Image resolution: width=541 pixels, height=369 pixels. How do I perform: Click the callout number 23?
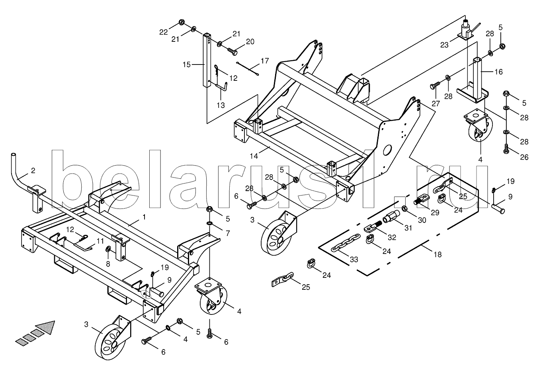coord(444,45)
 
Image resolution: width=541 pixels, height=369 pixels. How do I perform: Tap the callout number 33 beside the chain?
coord(354,260)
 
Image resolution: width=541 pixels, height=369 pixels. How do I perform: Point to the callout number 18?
coord(437,254)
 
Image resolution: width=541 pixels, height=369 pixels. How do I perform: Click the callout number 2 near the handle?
coord(33,170)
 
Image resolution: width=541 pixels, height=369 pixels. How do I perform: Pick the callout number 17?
coord(265,61)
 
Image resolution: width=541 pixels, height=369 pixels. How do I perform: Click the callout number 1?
coord(144,217)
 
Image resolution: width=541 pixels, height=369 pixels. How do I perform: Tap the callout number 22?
coord(163,32)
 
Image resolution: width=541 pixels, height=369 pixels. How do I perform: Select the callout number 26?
coord(524,157)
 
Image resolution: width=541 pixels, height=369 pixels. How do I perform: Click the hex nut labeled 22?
coord(181,21)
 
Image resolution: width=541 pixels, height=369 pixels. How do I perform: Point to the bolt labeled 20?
coord(232,51)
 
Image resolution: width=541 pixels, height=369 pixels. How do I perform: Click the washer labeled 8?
coord(108,250)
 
